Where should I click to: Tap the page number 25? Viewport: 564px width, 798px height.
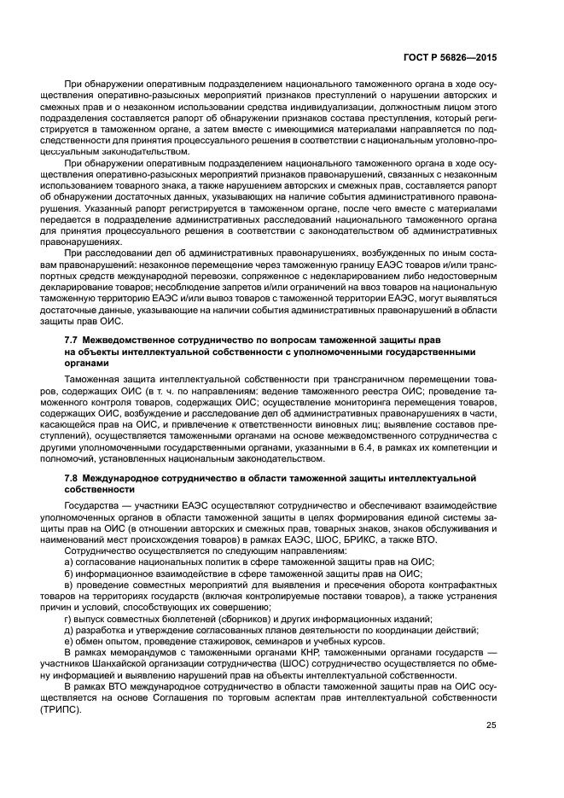[x=491, y=726]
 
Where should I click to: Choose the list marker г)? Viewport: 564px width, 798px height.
[x=68, y=618]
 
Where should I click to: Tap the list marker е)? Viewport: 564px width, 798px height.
[x=68, y=641]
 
